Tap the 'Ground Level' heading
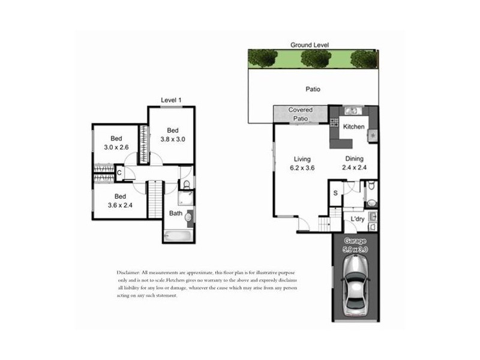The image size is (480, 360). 310,45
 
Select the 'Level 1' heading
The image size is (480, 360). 171,100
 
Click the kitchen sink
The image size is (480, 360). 352,110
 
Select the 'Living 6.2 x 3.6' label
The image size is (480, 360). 302,163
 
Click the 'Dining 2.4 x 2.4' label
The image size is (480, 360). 354,163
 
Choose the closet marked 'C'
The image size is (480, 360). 119,173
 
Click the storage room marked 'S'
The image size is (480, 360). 335,192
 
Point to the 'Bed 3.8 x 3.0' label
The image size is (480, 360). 173,134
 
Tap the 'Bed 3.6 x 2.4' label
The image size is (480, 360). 120,200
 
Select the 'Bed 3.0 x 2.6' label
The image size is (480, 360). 116,143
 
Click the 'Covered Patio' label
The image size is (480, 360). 300,114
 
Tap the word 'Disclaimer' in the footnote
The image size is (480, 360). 131,272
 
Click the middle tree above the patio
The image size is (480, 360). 316,58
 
